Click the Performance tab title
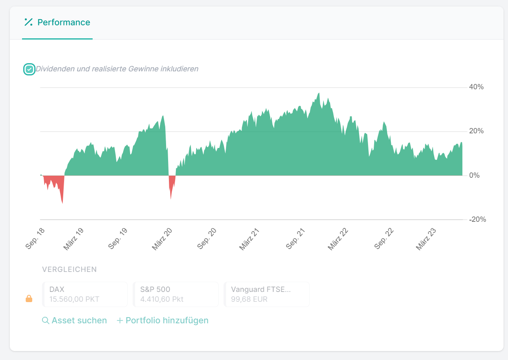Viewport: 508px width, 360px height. [64, 22]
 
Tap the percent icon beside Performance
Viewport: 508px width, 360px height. [28, 22]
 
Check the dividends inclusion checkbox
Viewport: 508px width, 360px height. [29, 69]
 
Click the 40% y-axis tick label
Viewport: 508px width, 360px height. [476, 87]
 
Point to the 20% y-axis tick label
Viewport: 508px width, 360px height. [476, 131]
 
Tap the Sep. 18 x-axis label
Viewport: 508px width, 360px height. [35, 239]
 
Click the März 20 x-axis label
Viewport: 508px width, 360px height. [162, 239]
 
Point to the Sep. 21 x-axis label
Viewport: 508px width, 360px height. [296, 239]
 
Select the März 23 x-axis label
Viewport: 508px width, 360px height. [426, 239]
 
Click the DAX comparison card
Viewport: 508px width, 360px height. [85, 294]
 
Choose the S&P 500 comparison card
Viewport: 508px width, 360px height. [175, 294]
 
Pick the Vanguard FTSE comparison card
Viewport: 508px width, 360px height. [266, 294]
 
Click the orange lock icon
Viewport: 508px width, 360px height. [29, 299]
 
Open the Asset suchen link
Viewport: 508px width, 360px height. [75, 320]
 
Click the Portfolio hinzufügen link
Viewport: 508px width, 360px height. [163, 320]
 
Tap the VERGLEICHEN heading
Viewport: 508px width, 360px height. [69, 269]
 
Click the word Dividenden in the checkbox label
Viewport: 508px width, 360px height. [55, 69]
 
